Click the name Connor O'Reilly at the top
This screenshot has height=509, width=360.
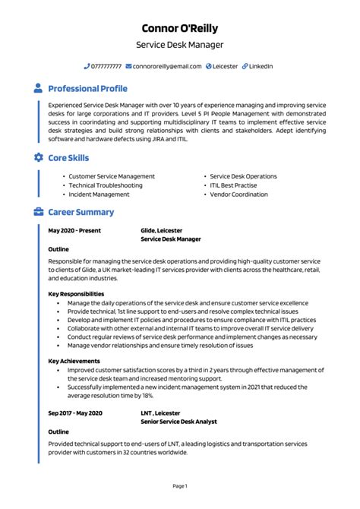180,28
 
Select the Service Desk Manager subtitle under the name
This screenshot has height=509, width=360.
180,46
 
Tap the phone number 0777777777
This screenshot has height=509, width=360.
106,67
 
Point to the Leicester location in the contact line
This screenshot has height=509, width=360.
225,67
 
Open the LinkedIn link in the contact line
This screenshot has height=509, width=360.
261,67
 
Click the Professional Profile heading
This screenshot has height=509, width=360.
87,89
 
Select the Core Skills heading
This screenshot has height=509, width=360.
68,158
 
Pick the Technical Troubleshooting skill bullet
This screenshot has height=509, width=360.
106,185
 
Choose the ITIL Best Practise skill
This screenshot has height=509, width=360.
233,185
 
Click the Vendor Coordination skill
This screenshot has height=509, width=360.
238,194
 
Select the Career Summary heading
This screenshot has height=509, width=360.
81,213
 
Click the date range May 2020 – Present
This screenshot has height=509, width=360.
74,229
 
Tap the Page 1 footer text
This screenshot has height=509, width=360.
180,485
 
